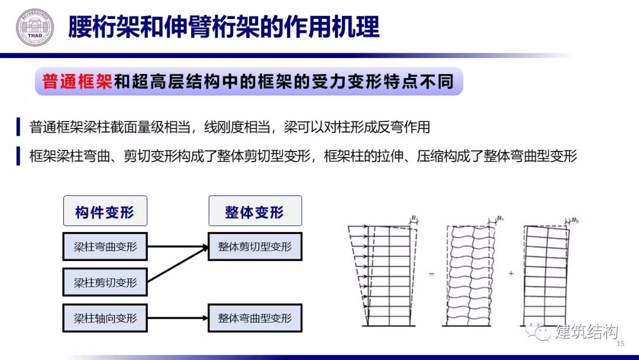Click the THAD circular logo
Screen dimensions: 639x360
tap(34, 27)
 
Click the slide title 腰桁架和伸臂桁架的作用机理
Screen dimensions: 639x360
tap(224, 27)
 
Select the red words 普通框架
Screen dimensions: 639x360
tap(78, 82)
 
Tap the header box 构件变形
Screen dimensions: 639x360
tap(105, 211)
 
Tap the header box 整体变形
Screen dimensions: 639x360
tap(254, 211)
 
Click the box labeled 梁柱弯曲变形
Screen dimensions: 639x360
tap(105, 247)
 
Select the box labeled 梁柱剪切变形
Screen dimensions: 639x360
tap(105, 282)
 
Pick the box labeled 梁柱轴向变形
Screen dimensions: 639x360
tap(105, 318)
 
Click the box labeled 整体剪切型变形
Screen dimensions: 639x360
tap(254, 247)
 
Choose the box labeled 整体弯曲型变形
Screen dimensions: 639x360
tap(254, 318)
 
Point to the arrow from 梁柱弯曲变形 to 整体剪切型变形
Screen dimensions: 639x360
tap(177, 247)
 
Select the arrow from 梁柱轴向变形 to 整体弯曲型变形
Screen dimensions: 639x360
tap(177, 318)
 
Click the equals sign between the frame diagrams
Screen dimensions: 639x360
tap(431, 274)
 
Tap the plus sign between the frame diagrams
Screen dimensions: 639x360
tap(511, 274)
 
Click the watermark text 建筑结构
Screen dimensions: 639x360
tap(586, 333)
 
